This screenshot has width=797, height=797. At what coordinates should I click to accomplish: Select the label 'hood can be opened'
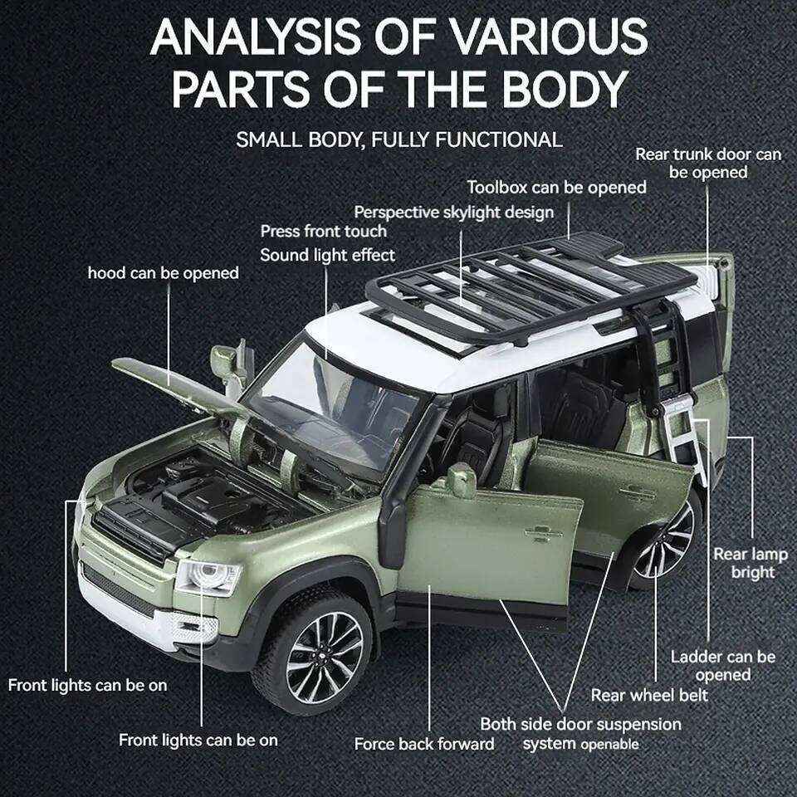pos(163,272)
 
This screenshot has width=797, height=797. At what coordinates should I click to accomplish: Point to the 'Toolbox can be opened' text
pos(556,188)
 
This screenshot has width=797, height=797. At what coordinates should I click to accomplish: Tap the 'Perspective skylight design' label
pos(453,213)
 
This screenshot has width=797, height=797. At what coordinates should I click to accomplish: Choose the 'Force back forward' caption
pos(423,744)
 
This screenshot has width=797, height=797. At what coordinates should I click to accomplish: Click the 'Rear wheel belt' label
pos(649,694)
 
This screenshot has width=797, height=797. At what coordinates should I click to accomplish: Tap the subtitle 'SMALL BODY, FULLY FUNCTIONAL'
pos(398,139)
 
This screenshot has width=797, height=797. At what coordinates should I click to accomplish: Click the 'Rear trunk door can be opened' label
pos(707,163)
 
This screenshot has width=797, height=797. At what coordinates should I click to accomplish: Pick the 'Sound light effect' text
pos(327,255)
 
